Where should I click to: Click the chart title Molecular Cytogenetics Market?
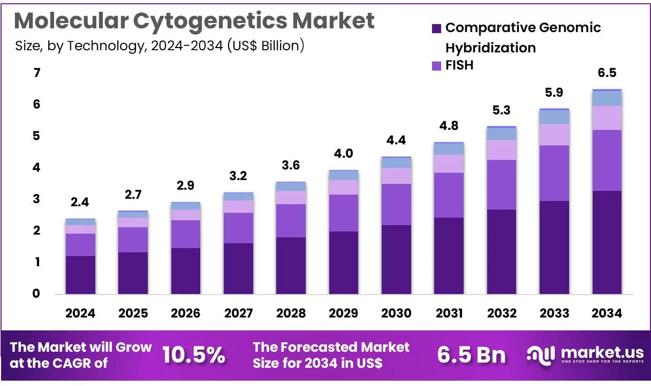[x=194, y=21]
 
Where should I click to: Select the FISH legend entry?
[x=459, y=65]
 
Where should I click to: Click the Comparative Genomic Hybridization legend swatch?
[x=436, y=28]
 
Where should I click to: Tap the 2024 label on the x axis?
[x=80, y=313]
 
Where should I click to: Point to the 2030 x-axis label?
[x=396, y=313]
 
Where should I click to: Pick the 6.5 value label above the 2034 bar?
[x=607, y=73]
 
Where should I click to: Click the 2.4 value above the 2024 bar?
[x=80, y=203]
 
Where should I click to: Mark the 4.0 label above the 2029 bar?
[x=344, y=154]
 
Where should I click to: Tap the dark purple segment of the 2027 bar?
[x=238, y=268]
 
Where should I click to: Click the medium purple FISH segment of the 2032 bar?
[x=502, y=184]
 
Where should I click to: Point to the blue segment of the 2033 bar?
[x=554, y=117]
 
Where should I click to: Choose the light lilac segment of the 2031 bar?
[x=449, y=164]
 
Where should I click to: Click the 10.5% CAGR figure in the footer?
[x=193, y=355]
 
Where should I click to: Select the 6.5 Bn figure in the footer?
[x=471, y=355]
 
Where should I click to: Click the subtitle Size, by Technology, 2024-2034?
[x=160, y=46]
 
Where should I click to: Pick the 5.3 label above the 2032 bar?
[x=502, y=111]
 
